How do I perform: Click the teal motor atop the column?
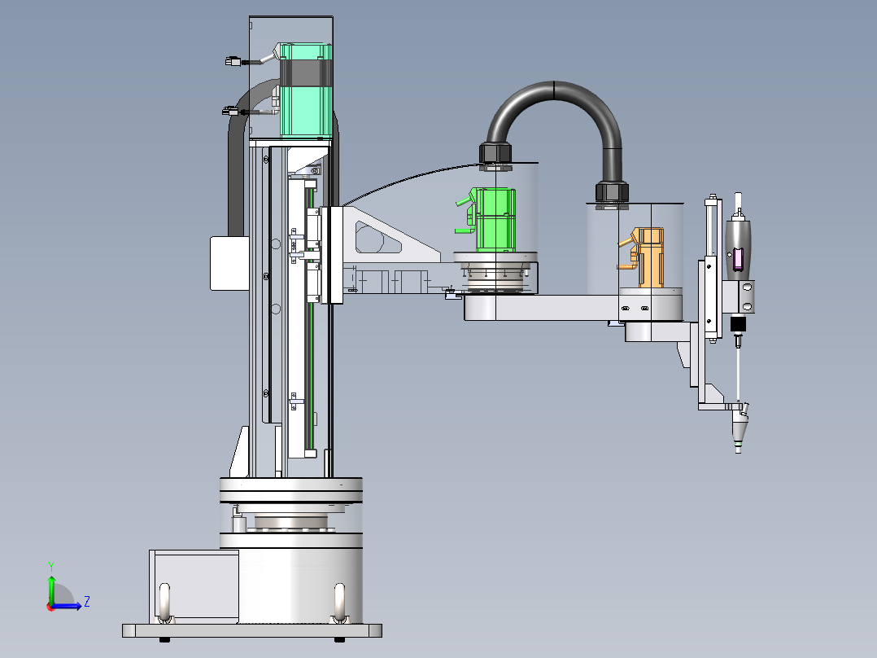[x=306, y=90]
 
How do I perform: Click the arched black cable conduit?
[x=554, y=92]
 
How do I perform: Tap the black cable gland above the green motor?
[x=495, y=154]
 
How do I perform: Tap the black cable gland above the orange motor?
[x=612, y=191]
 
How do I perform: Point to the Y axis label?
[x=51, y=566]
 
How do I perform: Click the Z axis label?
[x=87, y=602]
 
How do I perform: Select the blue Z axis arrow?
[x=66, y=605]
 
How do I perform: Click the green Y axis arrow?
[x=51, y=590]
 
